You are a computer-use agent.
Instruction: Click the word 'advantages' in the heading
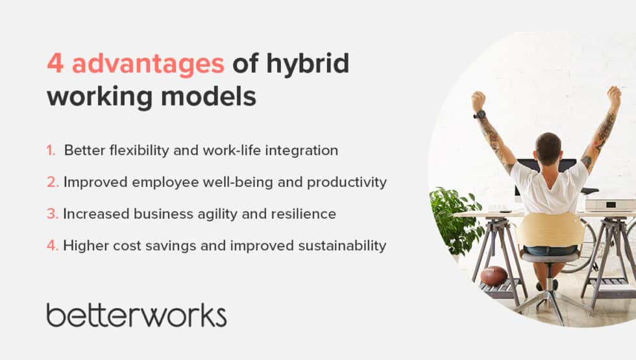[x=148, y=64]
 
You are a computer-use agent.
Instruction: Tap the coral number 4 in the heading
[x=55, y=64]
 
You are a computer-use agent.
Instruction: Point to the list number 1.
[x=51, y=150]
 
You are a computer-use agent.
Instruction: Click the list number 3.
[x=52, y=214]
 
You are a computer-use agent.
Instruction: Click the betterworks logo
[x=136, y=315]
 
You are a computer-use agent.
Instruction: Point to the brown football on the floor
[x=494, y=276]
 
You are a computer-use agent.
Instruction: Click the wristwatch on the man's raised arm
[x=480, y=115]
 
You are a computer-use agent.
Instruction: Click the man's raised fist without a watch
[x=613, y=96]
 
